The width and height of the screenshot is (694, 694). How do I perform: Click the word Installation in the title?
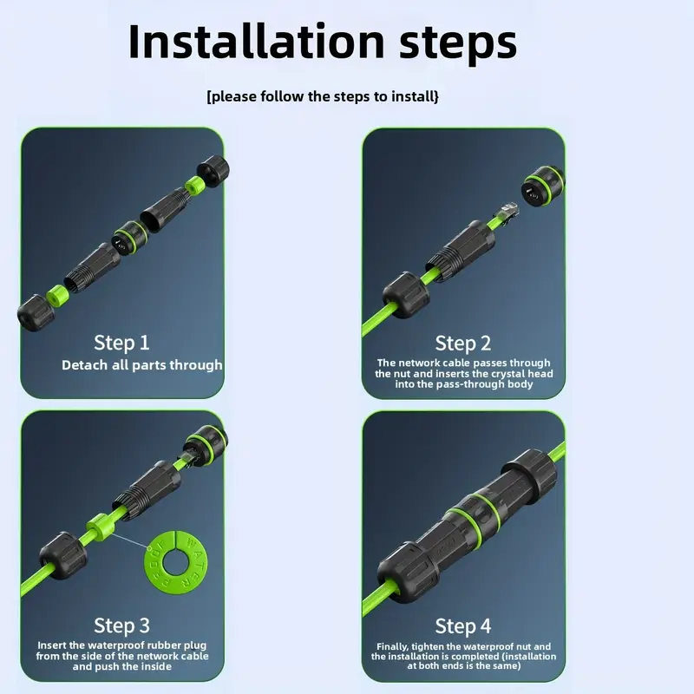click(256, 41)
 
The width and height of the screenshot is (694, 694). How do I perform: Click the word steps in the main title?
click(458, 44)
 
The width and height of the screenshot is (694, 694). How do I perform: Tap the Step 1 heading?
click(121, 343)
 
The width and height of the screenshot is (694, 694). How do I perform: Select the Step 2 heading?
click(463, 344)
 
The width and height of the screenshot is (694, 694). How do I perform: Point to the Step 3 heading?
click(121, 625)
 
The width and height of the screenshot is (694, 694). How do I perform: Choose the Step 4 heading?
click(463, 626)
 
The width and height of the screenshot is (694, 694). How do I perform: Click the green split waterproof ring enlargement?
click(176, 562)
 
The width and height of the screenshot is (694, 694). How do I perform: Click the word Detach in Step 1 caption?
click(84, 365)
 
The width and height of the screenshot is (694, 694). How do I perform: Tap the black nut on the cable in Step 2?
click(406, 295)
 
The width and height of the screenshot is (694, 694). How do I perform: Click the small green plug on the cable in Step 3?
click(99, 527)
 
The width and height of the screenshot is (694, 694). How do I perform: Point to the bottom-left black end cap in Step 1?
click(36, 312)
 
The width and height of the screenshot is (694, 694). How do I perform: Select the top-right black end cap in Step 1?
click(213, 171)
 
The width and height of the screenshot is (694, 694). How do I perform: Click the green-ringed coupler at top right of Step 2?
click(543, 187)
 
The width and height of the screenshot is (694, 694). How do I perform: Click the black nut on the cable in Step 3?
click(63, 555)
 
